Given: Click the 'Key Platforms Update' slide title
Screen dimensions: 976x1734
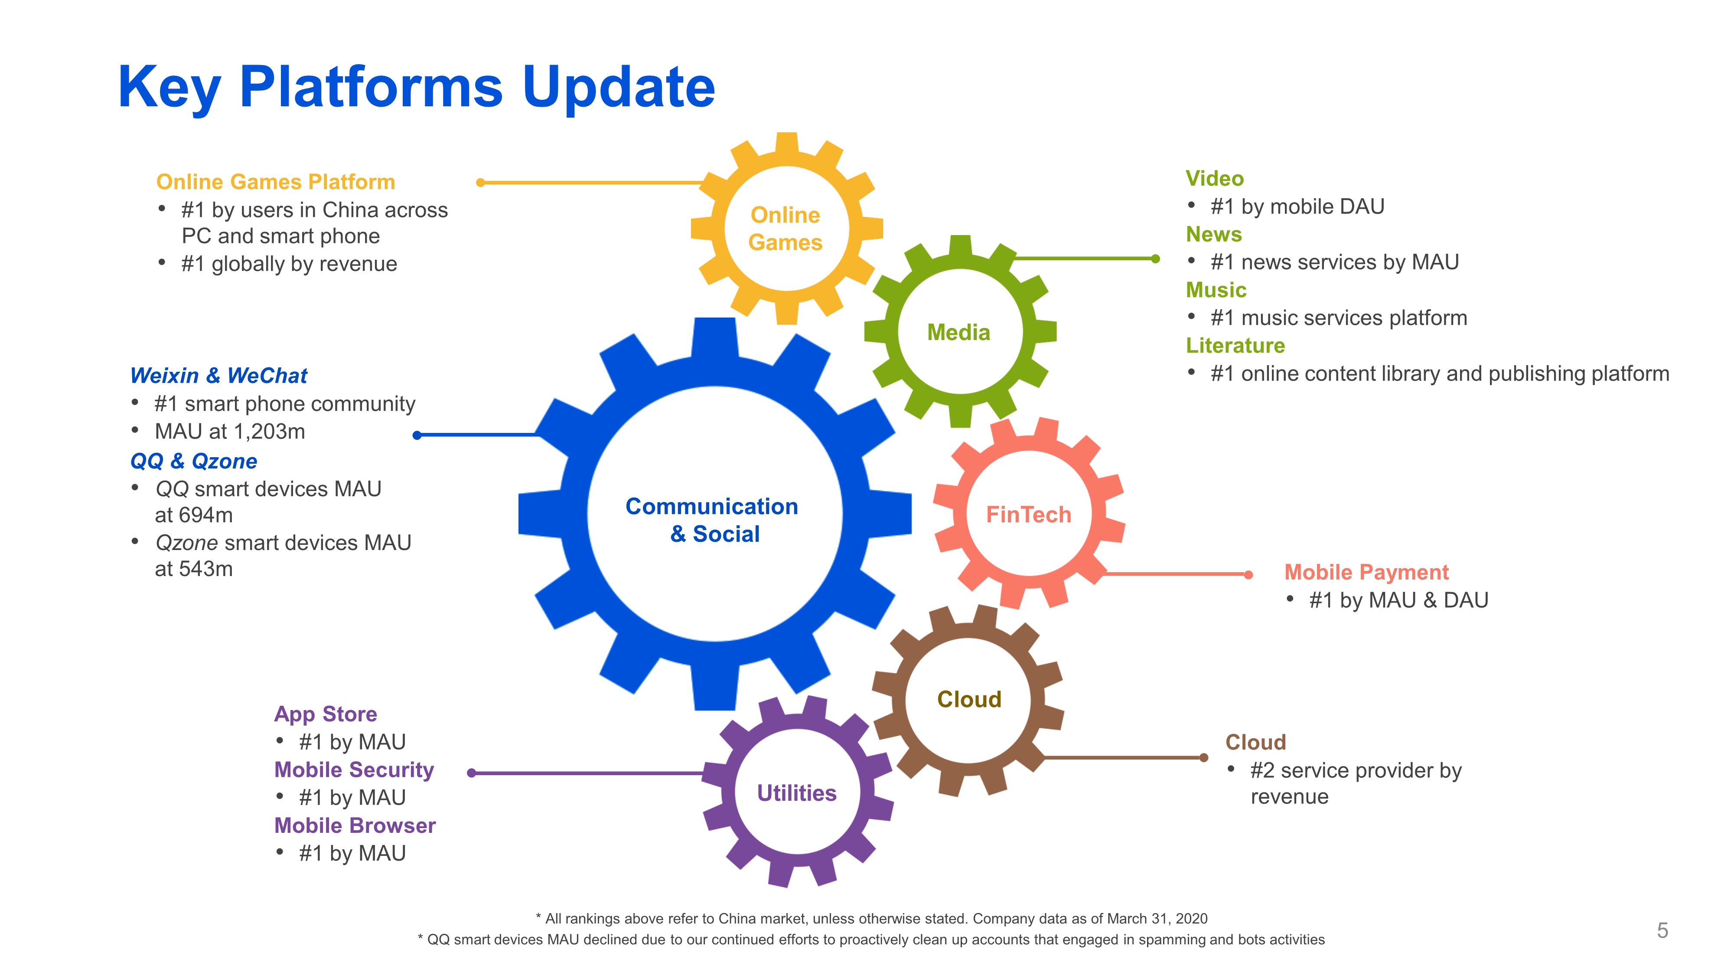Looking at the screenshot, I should pos(416,88).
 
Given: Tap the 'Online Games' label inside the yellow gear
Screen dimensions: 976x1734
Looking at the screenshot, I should pos(785,228).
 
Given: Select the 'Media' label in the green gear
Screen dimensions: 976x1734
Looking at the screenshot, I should pos(958,332).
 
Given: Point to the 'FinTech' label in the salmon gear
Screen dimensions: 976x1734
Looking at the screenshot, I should pos(1028,514).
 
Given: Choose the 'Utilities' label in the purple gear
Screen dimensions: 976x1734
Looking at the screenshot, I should pos(796,793).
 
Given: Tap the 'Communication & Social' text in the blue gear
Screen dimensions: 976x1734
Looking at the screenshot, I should pos(712,520).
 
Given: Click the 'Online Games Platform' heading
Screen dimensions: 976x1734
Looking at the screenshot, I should pos(275,182).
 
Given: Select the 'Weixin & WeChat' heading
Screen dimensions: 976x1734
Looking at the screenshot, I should pos(219,375).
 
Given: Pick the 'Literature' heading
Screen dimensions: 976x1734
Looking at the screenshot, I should pos(1235,346).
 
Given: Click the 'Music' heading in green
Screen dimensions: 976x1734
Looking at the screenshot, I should pos(1216,290).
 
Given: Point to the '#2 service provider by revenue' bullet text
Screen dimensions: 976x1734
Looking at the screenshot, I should pos(1355,783).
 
